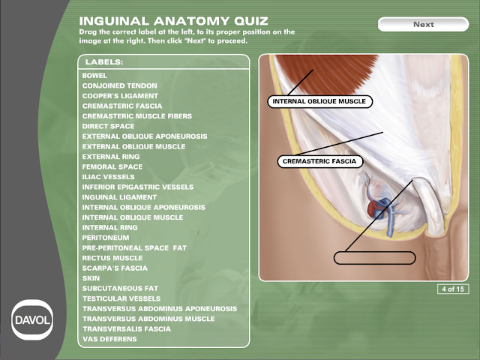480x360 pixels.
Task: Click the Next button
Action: point(423,24)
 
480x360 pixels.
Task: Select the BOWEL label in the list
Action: point(94,76)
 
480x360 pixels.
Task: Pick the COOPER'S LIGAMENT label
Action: point(120,96)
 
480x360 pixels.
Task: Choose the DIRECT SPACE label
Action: point(108,127)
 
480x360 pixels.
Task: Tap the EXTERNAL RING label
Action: point(111,157)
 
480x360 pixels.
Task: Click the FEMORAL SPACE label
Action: point(112,166)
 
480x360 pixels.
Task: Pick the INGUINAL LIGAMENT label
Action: point(119,197)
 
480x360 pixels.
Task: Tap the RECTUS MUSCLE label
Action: point(112,258)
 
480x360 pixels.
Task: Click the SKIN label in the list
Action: point(91,278)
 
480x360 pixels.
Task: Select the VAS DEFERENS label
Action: point(109,339)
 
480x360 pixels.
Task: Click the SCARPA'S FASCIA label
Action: point(115,268)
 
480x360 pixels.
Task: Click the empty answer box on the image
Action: point(374,258)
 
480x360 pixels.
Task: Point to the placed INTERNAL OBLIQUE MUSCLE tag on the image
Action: point(320,100)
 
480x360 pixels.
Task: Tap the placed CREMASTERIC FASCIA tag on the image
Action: point(320,161)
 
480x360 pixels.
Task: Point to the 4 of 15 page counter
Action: point(453,289)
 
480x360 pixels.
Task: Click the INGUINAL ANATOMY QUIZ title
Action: point(173,20)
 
